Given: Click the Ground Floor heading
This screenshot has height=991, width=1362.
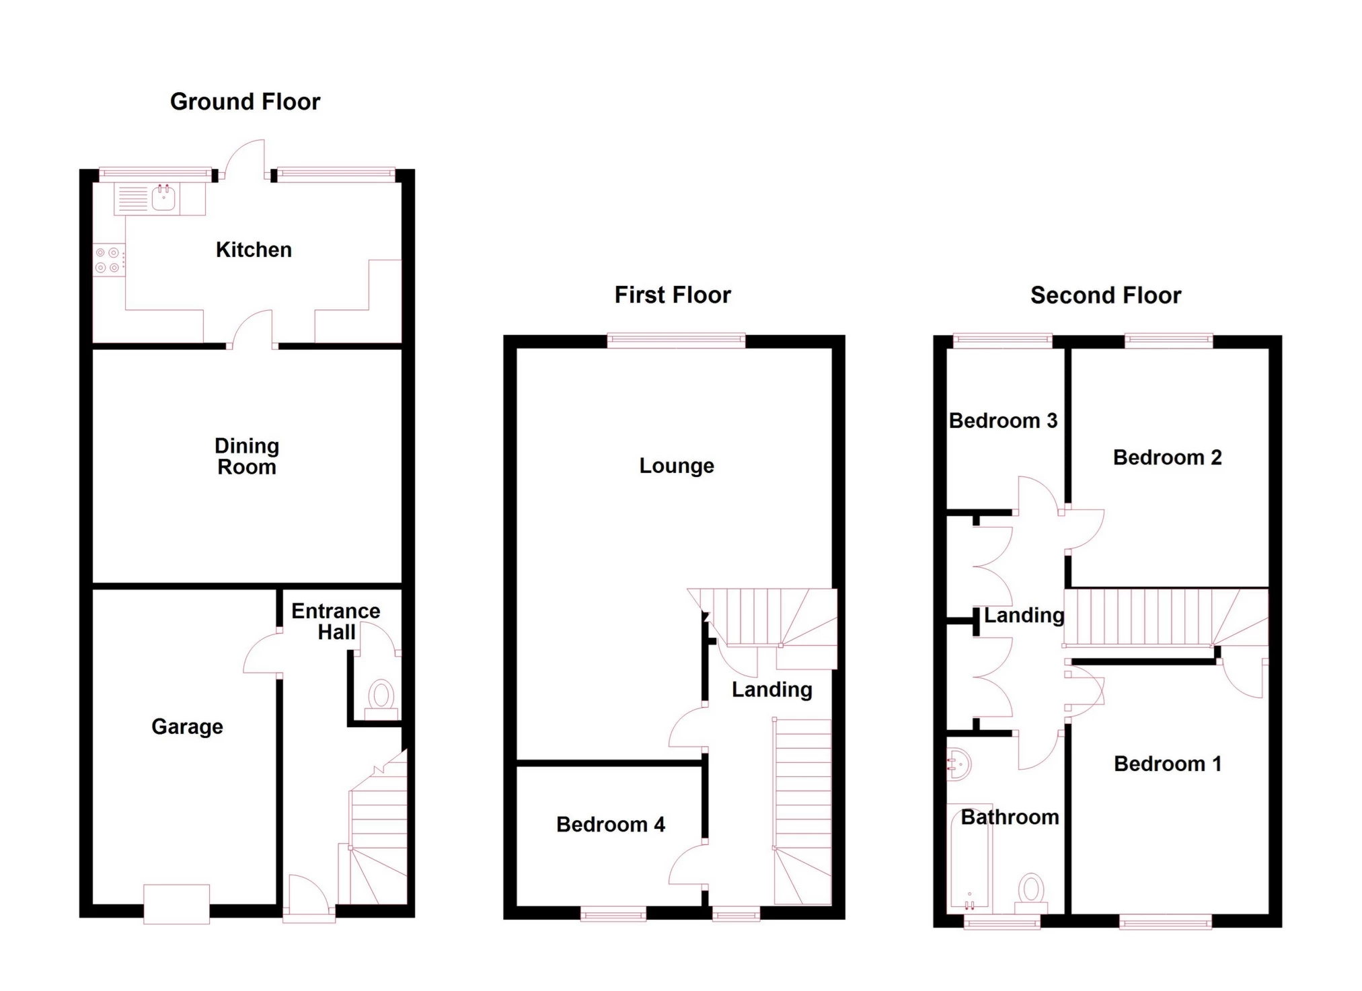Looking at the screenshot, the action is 245,102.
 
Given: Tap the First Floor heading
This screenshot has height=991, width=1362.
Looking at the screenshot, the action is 673,295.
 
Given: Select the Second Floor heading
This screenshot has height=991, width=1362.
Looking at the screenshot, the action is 1106,295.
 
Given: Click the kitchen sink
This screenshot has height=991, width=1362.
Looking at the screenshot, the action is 163,198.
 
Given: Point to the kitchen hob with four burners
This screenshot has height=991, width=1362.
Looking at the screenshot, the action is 108,260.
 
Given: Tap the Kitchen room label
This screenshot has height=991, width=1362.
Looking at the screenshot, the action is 254,250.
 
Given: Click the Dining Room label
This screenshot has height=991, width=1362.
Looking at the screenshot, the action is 247,456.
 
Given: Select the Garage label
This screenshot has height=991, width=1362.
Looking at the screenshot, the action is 187,727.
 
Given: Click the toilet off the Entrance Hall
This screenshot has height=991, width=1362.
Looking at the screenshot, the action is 381,700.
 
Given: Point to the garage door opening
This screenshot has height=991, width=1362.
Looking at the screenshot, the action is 177,904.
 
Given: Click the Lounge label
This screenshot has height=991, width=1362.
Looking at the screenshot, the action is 677,466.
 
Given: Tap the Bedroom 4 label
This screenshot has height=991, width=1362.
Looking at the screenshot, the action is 611,824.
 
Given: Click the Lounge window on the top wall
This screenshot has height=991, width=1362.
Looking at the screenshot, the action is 676,340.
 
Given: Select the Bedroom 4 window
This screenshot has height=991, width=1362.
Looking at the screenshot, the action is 613,913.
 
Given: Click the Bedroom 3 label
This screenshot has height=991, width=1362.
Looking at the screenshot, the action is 1003,420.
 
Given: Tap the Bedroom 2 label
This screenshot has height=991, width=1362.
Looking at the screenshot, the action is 1167,457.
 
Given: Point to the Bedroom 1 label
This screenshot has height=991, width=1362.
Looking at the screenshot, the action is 1168,764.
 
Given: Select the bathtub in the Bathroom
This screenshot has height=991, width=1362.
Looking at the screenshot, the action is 970,858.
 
